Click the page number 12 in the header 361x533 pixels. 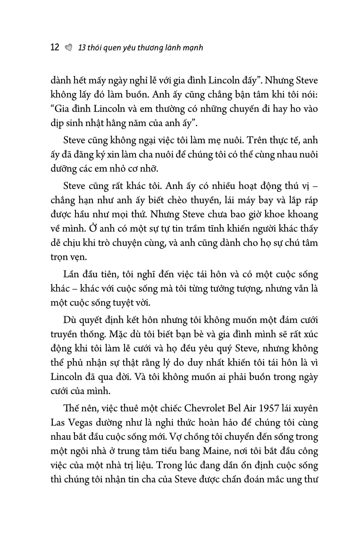tap(55, 47)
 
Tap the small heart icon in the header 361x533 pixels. tap(68, 48)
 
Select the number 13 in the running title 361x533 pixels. tap(82, 48)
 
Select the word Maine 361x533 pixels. tap(214, 451)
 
